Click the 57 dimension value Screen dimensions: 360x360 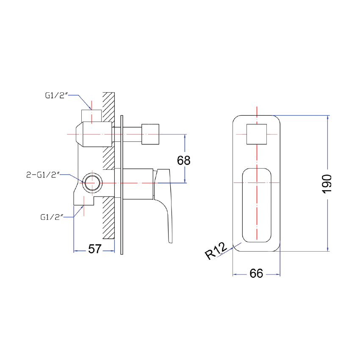tap(95, 249)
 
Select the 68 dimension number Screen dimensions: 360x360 tap(183, 161)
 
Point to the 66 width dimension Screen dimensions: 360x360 tap(256, 274)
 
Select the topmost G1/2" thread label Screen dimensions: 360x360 tap(57, 96)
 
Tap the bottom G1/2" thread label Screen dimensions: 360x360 tap(52, 217)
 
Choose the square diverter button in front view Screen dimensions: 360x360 tap(256, 134)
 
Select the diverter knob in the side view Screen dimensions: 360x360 tap(150, 134)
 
